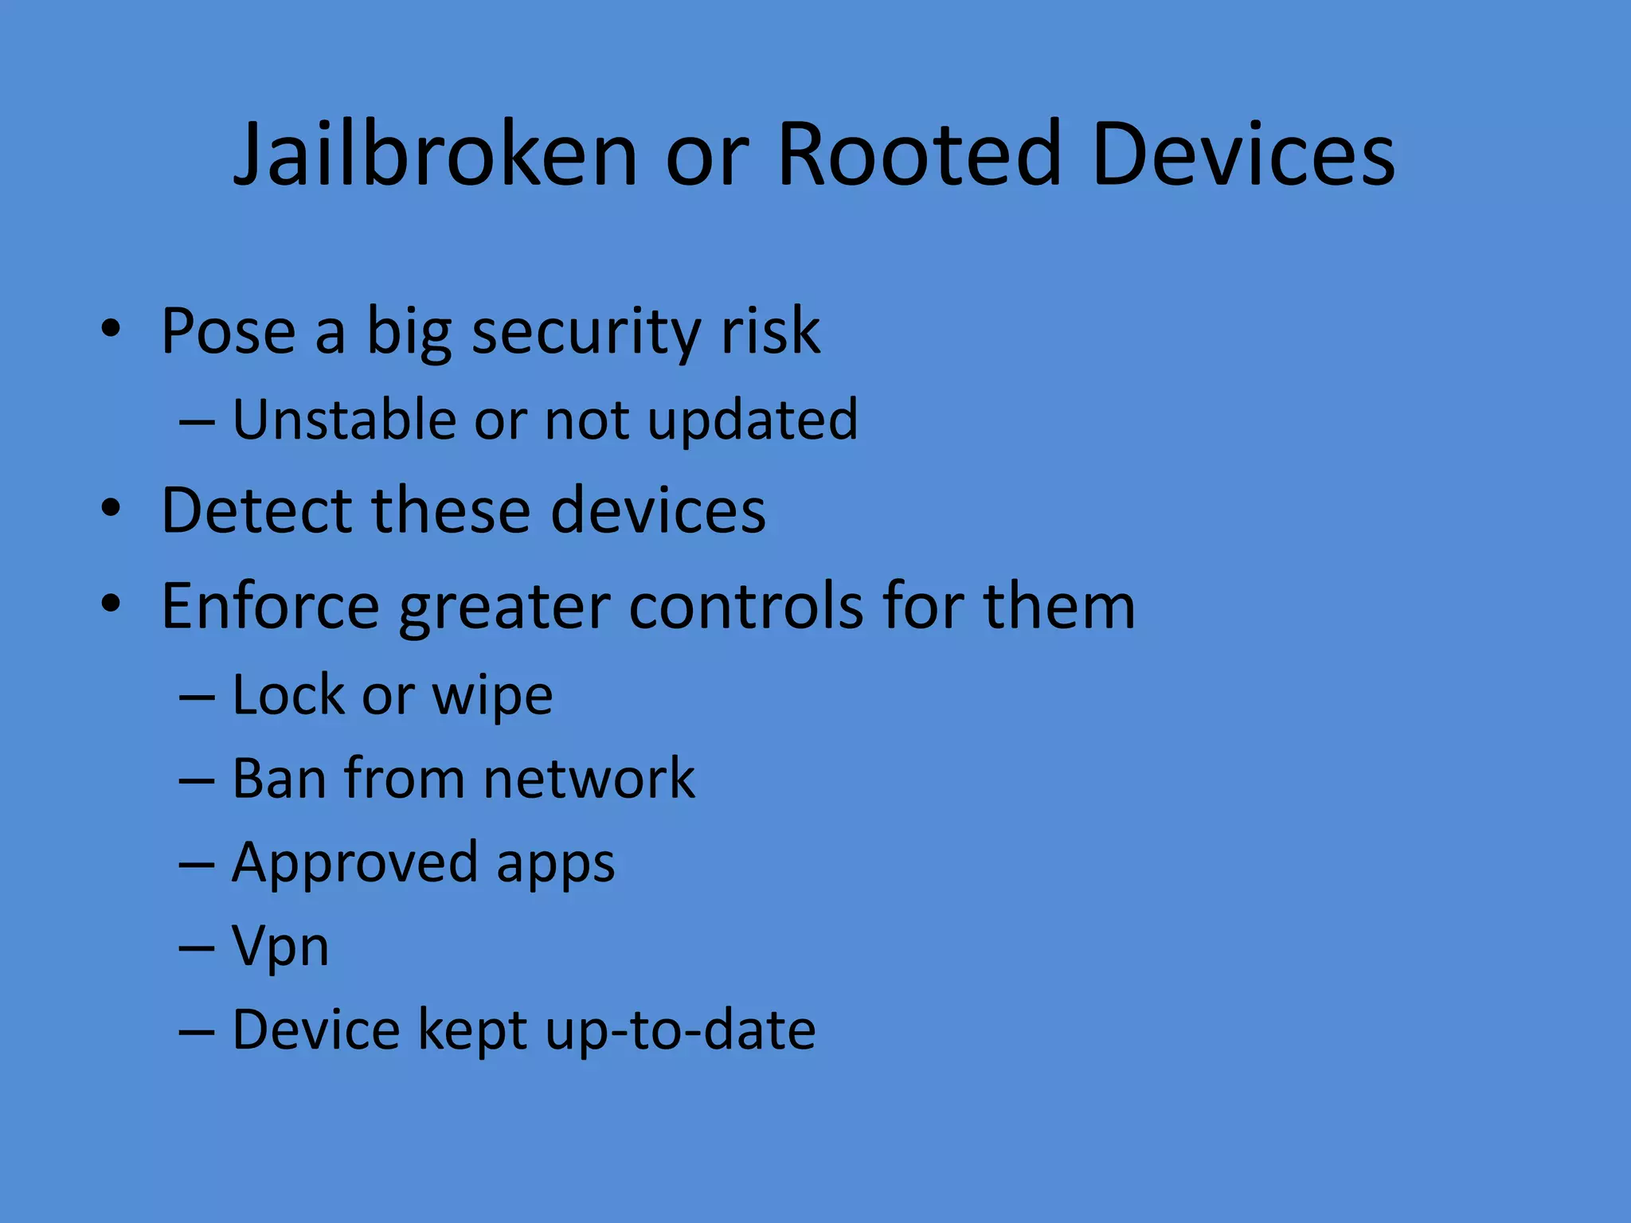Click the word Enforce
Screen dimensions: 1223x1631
point(270,607)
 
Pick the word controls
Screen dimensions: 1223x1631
point(745,607)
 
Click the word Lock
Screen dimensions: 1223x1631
point(289,695)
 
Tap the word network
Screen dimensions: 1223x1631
point(589,778)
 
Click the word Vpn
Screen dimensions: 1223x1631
point(280,948)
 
